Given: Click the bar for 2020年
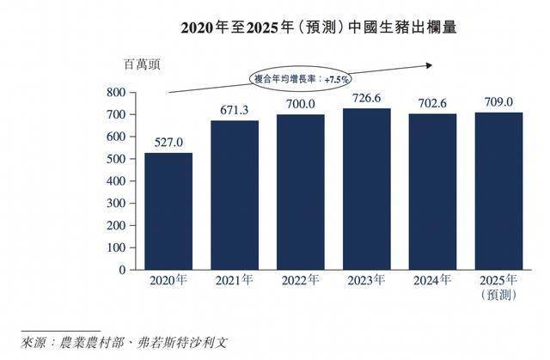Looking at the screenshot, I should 168,211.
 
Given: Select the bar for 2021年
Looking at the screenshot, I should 234,195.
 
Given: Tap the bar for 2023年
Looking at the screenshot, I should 366,189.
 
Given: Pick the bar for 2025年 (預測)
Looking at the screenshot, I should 498,191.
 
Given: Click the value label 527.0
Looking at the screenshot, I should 168,143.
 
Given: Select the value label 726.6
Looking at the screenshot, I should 366,99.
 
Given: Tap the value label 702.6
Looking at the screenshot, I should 432,104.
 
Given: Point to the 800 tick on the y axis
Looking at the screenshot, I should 116,92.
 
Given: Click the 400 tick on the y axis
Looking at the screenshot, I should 116,181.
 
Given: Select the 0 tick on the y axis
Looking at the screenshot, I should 123,270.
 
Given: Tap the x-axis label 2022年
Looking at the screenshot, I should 300,281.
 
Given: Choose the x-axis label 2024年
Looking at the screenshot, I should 432,281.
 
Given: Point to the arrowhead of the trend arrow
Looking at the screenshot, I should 426,62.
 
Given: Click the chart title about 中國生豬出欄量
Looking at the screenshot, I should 318,27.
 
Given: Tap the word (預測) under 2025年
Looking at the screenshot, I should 498,296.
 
